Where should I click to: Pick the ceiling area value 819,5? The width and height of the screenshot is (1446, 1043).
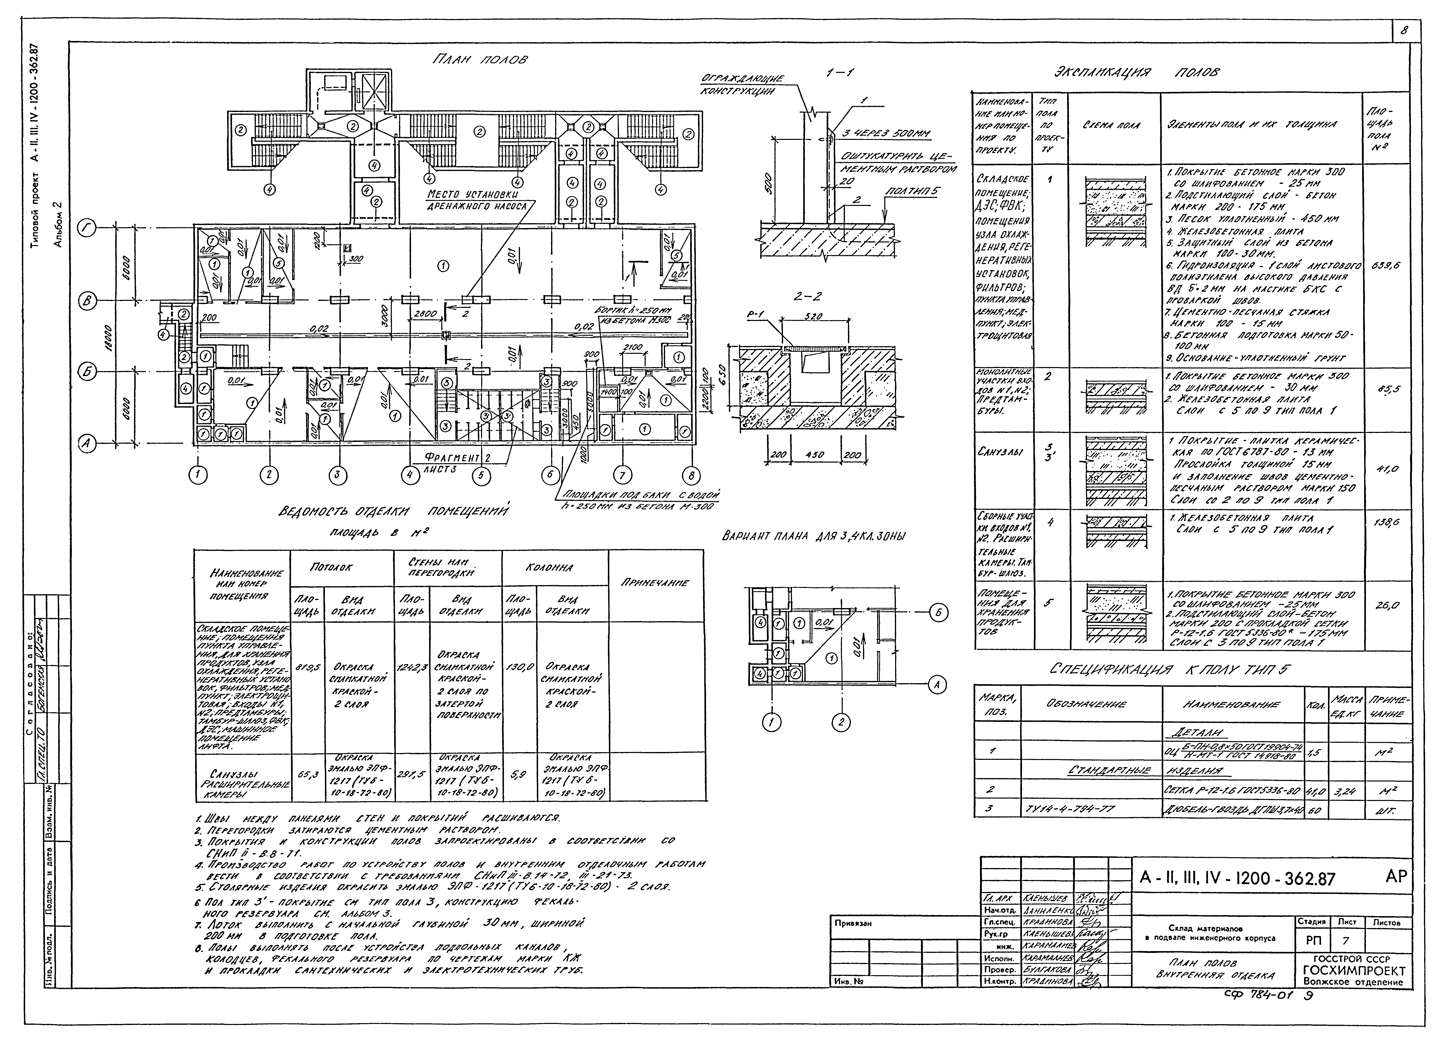pyautogui.click(x=307, y=668)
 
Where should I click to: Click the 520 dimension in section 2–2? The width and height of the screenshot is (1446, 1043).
pyautogui.click(x=813, y=316)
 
